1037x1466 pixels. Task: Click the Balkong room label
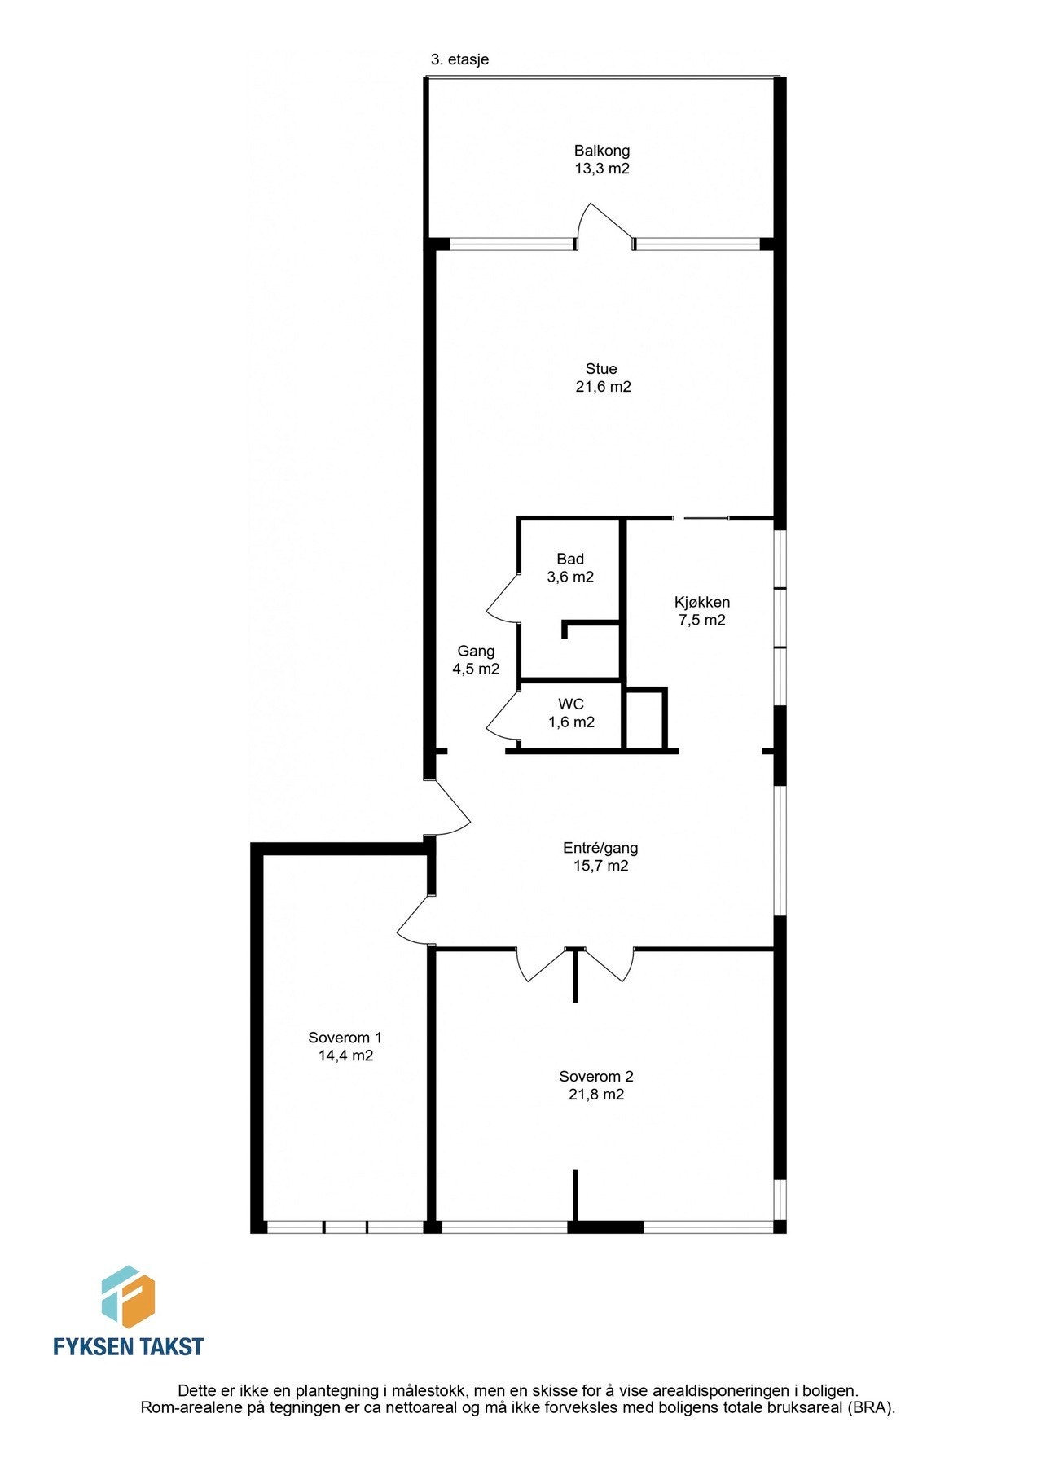click(601, 151)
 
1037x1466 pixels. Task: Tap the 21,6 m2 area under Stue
click(603, 387)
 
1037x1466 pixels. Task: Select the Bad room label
click(570, 559)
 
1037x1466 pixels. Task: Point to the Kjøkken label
click(702, 603)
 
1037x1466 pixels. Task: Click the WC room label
click(570, 704)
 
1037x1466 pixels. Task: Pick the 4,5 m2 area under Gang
click(476, 669)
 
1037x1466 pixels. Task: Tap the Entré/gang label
click(600, 848)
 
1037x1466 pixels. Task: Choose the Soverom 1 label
click(345, 1038)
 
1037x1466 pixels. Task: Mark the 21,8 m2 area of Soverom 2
click(596, 1095)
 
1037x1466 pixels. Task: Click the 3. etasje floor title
click(459, 59)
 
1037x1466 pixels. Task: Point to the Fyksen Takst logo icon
click(128, 1296)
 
